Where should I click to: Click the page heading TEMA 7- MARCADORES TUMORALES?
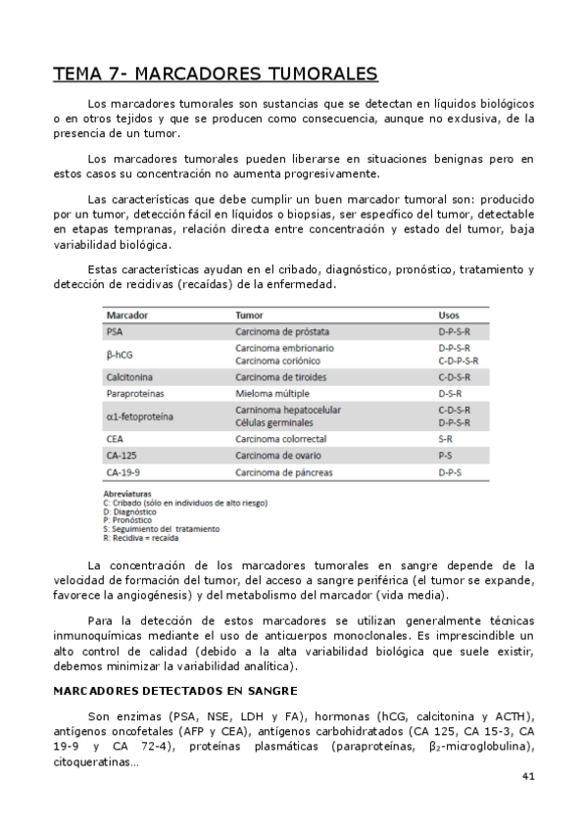click(x=215, y=75)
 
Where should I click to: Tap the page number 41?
click(x=527, y=776)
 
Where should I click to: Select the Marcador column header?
click(x=126, y=316)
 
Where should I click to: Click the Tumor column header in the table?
click(x=249, y=316)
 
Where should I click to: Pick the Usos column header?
click(x=449, y=316)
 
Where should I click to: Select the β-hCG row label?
click(x=120, y=354)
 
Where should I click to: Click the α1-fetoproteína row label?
click(x=140, y=415)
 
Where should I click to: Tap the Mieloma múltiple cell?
click(x=271, y=393)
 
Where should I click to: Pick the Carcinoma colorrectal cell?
click(x=281, y=440)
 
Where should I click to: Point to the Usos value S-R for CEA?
click(x=445, y=440)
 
